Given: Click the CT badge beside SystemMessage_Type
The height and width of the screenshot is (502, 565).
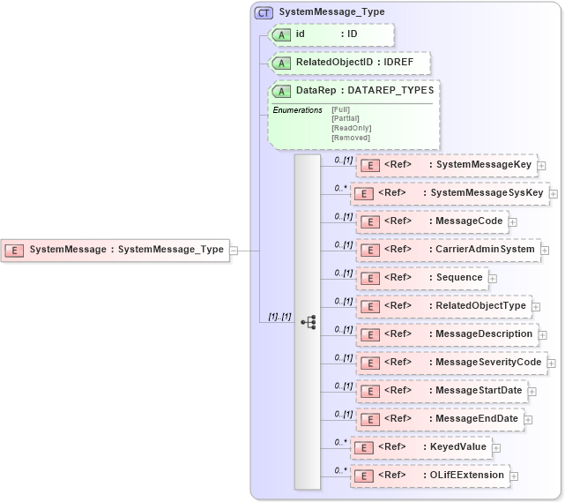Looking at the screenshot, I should click(x=264, y=12).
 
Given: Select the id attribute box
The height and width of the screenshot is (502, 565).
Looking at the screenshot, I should click(x=331, y=34).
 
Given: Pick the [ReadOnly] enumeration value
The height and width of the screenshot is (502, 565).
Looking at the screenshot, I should click(x=351, y=127).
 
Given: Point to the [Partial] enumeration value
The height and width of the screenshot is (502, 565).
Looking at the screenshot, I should click(x=346, y=118).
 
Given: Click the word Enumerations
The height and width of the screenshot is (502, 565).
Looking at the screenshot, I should click(x=297, y=109).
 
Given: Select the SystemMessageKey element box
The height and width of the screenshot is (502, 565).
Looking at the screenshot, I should click(x=446, y=165).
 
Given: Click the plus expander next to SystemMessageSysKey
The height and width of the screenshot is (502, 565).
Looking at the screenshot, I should click(x=554, y=193).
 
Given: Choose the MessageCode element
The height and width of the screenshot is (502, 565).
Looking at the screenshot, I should click(x=432, y=221).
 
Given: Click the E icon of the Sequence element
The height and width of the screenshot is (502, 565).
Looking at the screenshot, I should click(x=371, y=278).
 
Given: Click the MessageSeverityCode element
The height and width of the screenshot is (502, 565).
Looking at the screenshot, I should click(x=450, y=363).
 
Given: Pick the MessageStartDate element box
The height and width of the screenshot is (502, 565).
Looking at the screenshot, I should click(x=441, y=391).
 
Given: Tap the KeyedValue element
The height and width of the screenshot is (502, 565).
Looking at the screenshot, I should click(x=423, y=447).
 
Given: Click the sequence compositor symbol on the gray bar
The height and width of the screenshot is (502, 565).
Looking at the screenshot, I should click(x=308, y=322).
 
